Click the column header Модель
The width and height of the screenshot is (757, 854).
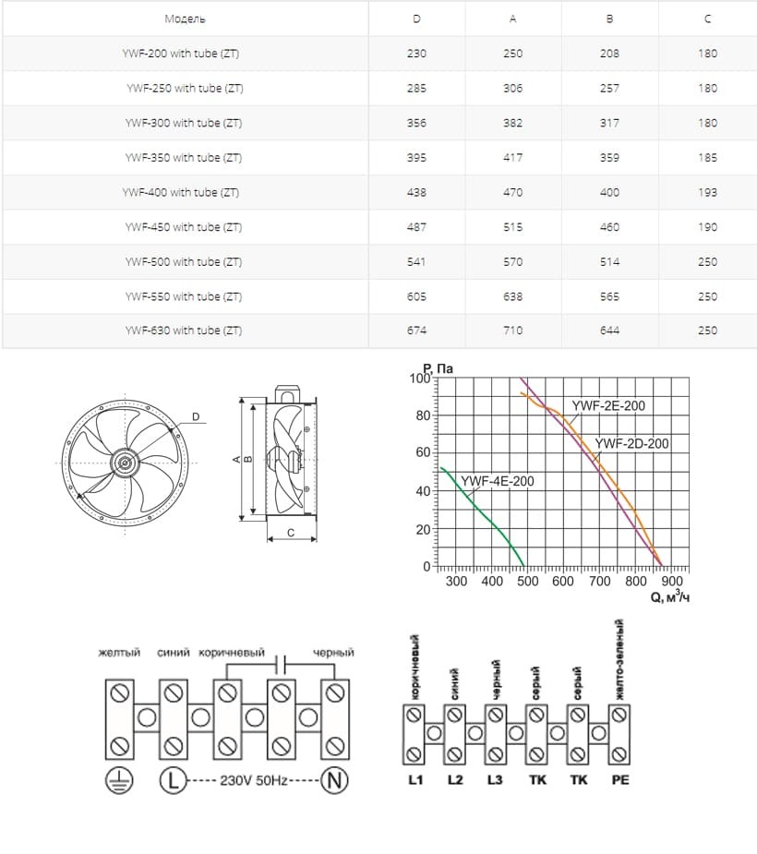[x=185, y=18]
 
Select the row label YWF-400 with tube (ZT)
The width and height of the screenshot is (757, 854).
[x=181, y=192]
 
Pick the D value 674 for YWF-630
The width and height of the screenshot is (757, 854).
[x=416, y=331]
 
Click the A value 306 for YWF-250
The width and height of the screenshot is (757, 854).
[x=513, y=89]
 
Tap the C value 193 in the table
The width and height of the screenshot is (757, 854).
[x=707, y=192]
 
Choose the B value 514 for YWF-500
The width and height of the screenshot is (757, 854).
[x=609, y=262]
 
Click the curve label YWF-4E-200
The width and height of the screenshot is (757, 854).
[x=498, y=481]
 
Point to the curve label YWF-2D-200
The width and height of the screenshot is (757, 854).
[x=632, y=444]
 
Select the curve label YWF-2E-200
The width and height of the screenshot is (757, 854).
[x=608, y=405]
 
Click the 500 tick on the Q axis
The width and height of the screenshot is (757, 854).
[x=527, y=582]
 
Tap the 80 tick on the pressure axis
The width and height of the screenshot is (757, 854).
[x=422, y=416]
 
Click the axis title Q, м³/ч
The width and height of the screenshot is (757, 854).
[x=670, y=597]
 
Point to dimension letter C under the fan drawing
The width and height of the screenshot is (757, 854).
[x=291, y=533]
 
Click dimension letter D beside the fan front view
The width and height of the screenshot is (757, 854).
[x=196, y=416]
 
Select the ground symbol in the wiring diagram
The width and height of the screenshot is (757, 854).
[x=118, y=781]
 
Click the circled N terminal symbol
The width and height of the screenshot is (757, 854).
[x=334, y=781]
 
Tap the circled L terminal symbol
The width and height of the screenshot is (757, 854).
[x=173, y=781]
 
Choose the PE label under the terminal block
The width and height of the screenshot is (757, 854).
[x=620, y=779]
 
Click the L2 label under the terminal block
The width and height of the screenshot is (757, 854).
[x=455, y=779]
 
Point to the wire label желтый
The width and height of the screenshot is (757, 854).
[x=119, y=653]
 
